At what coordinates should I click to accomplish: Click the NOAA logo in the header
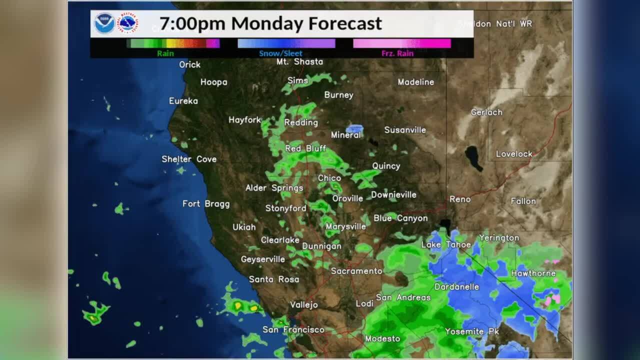[104, 23]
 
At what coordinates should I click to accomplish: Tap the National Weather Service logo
[127, 23]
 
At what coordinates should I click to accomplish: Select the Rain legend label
[165, 53]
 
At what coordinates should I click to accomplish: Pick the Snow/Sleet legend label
[280, 53]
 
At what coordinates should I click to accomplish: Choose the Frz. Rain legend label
[397, 53]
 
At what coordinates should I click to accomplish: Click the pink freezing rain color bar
[401, 43]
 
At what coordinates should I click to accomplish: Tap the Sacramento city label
[356, 271]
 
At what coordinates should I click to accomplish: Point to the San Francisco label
[293, 329]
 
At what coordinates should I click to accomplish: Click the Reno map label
[460, 199]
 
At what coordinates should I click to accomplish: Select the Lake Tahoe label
[446, 244]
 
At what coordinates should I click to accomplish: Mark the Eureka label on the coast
[183, 101]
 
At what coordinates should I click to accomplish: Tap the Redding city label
[301, 122]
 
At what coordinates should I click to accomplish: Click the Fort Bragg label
[206, 203]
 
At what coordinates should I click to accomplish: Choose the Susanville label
[405, 130]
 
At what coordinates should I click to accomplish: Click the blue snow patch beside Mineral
[354, 129]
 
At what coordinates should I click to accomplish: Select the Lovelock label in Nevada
[514, 154]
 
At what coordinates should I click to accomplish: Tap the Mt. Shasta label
[300, 61]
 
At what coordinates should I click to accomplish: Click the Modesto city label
[382, 338]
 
